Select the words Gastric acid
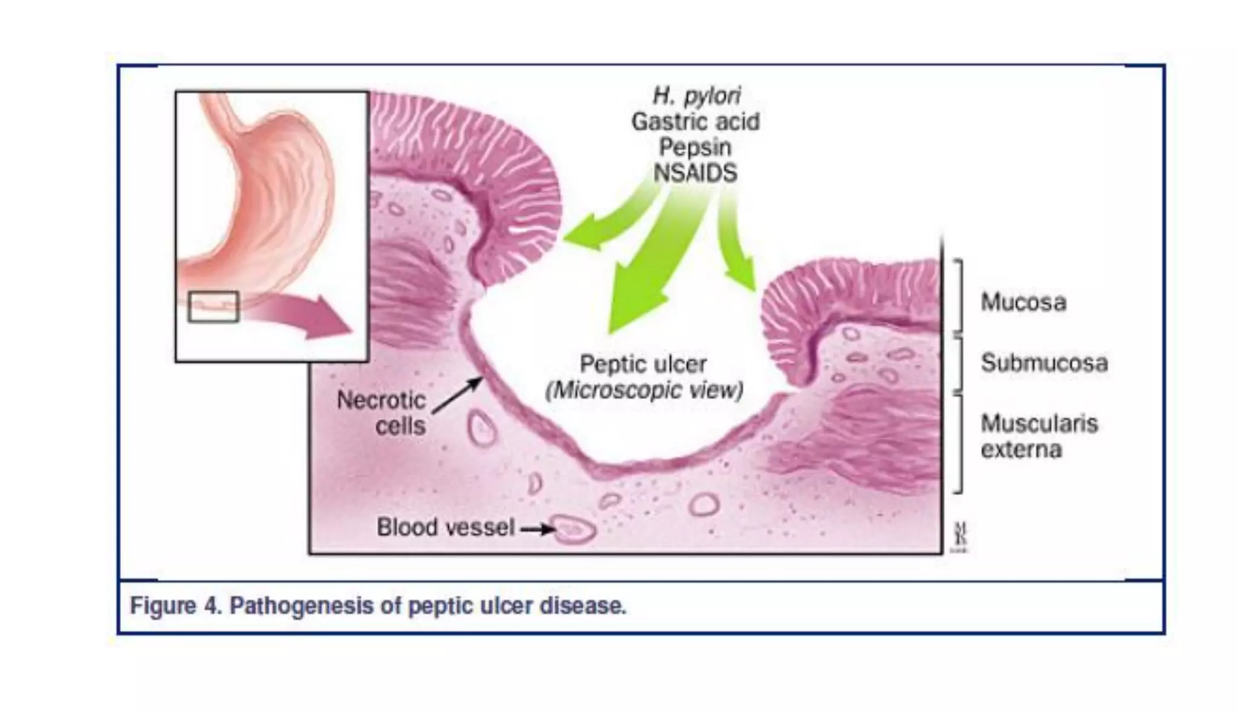click(x=695, y=122)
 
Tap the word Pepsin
click(x=695, y=147)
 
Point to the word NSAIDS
click(x=695, y=173)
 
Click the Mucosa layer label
click(x=1023, y=302)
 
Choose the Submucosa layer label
click(x=1044, y=363)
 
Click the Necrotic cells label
click(x=381, y=413)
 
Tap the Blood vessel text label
click(x=446, y=527)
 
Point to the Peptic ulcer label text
click(x=643, y=364)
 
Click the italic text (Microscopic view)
click(x=644, y=391)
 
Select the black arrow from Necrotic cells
click(x=458, y=395)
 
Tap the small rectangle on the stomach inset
click(x=213, y=306)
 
